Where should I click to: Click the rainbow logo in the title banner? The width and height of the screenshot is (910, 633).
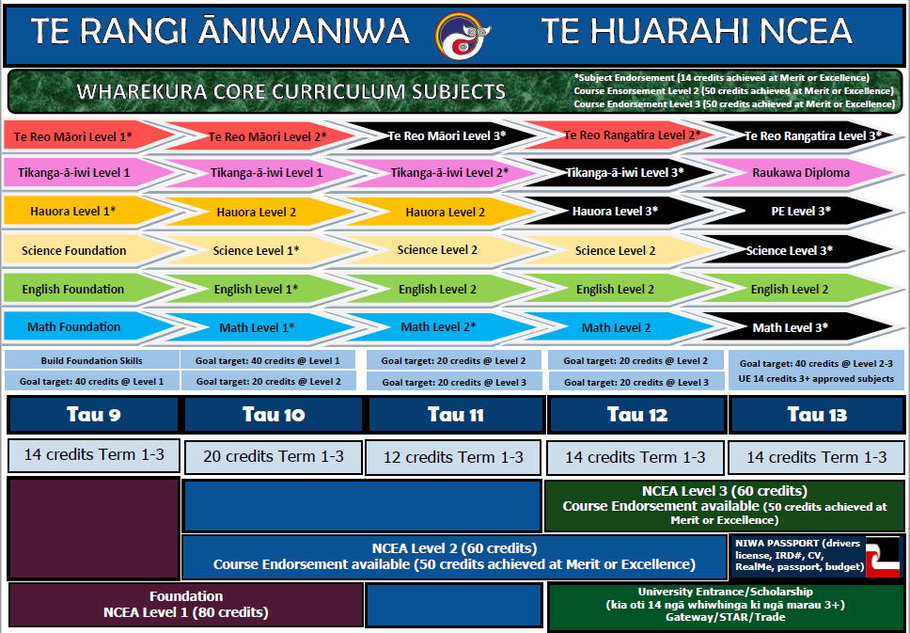463,36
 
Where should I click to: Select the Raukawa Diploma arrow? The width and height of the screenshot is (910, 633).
801,172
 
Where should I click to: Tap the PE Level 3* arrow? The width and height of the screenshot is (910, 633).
801,212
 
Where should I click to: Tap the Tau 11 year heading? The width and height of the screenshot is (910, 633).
456,415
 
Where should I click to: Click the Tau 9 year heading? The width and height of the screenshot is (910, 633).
93,415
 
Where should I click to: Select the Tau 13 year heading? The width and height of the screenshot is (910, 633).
817,415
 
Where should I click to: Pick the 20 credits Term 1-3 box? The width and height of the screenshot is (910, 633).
274,457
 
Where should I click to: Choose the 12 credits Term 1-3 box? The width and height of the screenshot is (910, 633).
453,458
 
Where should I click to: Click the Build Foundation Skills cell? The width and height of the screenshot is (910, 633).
92,360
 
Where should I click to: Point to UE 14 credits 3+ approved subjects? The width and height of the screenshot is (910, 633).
816,379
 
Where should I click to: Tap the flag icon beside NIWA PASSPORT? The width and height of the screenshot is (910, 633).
882,557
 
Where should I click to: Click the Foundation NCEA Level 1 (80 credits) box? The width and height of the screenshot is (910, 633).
186,605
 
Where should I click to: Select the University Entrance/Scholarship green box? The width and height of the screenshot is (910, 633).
726,607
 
